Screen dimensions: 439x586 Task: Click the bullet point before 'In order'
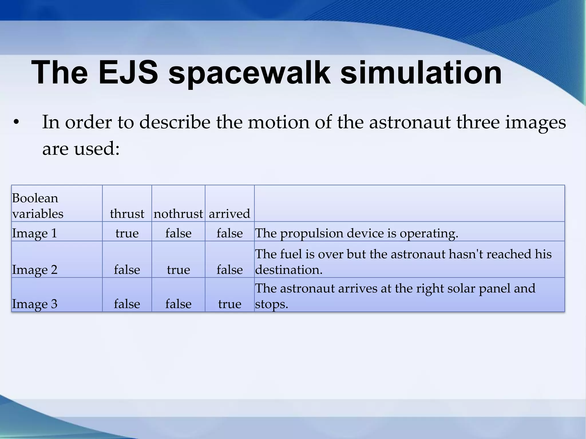[x=16, y=123]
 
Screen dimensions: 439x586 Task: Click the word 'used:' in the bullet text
[x=97, y=149]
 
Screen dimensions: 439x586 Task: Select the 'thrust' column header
[x=127, y=213]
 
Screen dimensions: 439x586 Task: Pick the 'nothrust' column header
[x=178, y=213]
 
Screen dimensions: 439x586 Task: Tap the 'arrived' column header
[x=229, y=213]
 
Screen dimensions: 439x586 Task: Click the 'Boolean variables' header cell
[x=37, y=206]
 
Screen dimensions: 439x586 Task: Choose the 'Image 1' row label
[x=35, y=233]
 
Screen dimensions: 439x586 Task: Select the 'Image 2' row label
[x=35, y=270]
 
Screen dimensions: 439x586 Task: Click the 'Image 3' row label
[x=35, y=304]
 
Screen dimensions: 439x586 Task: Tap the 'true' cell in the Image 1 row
[x=127, y=233]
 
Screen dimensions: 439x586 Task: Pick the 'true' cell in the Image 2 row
[x=178, y=270]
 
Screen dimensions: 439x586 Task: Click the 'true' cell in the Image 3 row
[x=229, y=304]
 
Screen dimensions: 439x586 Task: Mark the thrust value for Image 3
[x=127, y=304]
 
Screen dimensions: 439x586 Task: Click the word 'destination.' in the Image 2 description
[x=289, y=270]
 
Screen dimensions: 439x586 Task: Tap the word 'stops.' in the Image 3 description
[x=271, y=304]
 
